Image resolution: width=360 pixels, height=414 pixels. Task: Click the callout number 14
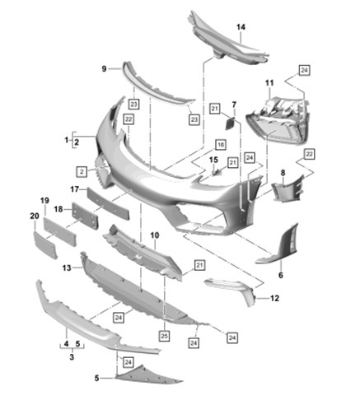241,27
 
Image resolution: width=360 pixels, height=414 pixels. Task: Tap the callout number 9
104,69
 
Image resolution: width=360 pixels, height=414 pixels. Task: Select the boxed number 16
221,145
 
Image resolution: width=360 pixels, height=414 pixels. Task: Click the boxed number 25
164,336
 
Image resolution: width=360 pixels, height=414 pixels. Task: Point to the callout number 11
269,82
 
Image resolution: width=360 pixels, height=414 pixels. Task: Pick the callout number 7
234,105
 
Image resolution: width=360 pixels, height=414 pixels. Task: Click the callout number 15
213,160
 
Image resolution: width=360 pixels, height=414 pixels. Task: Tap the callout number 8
283,173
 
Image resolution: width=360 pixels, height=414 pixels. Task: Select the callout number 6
281,275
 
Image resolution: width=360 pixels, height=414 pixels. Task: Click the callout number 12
274,298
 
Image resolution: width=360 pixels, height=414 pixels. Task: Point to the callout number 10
155,235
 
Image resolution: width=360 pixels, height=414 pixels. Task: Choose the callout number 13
67,267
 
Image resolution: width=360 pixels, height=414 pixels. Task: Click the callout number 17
75,189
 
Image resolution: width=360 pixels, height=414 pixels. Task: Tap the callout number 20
35,216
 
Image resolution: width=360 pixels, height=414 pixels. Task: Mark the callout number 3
72,357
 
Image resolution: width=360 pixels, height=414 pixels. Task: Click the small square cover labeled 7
230,123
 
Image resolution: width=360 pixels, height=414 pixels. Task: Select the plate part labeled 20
45,245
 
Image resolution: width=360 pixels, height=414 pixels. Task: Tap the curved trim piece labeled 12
232,291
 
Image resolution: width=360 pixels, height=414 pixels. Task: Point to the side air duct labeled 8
287,189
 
